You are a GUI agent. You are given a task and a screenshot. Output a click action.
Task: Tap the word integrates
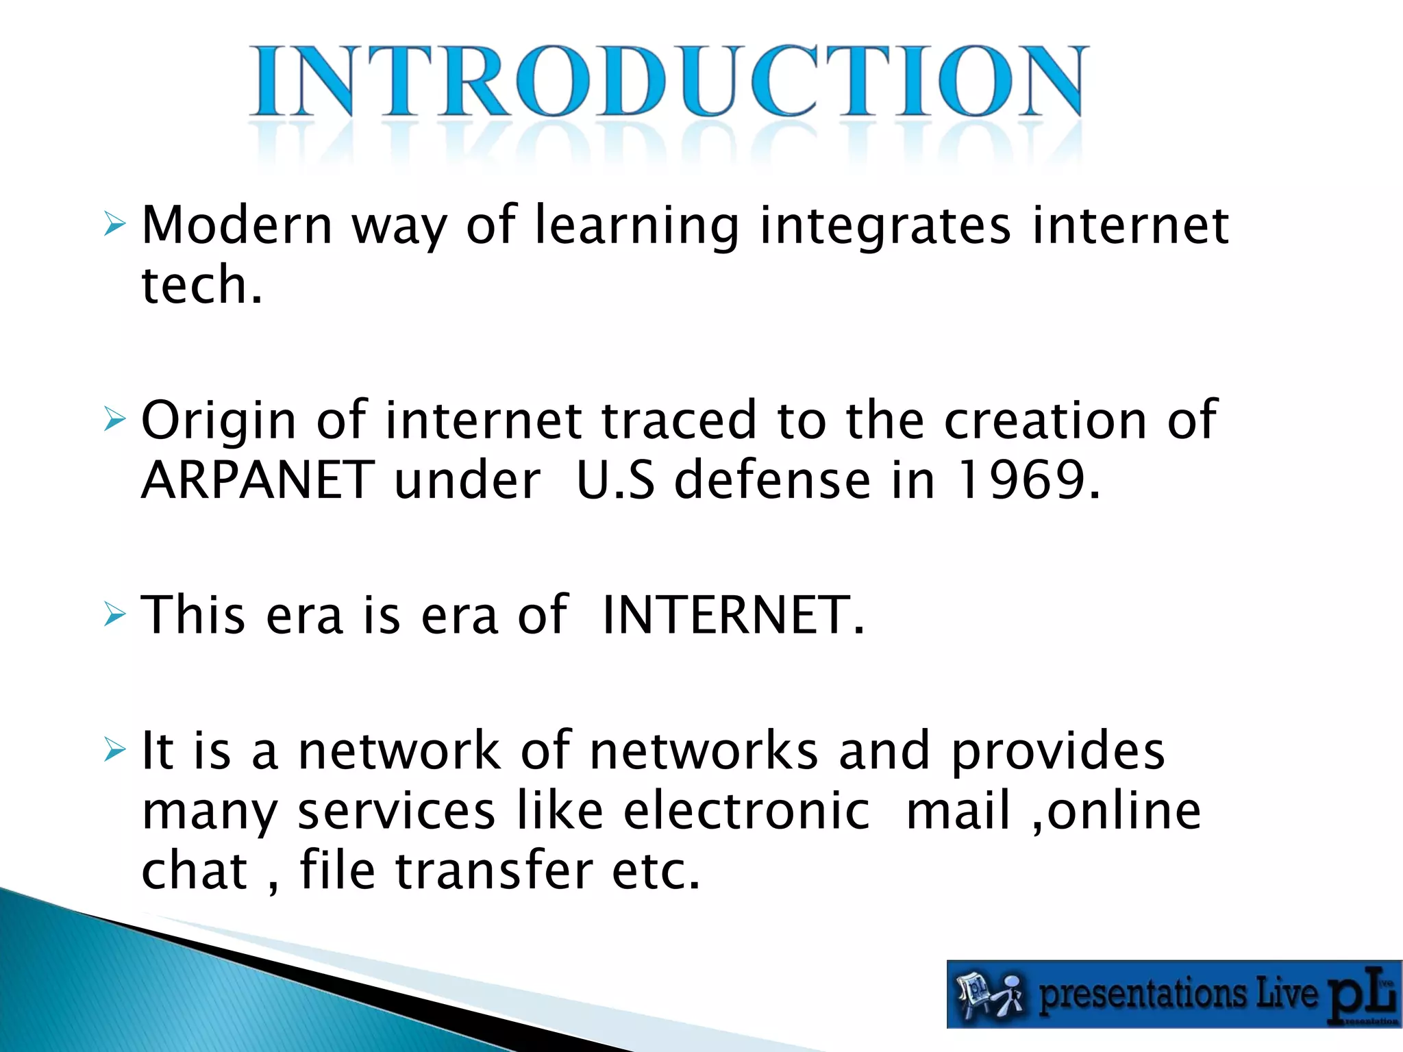pyautogui.click(x=885, y=226)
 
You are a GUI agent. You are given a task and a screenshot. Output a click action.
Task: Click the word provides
pyautogui.click(x=1058, y=751)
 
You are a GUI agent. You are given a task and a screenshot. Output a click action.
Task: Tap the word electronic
pyautogui.click(x=747, y=810)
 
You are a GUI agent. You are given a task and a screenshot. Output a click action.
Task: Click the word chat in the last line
pyautogui.click(x=194, y=870)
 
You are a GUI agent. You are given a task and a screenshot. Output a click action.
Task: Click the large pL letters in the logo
pyautogui.click(x=1360, y=995)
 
